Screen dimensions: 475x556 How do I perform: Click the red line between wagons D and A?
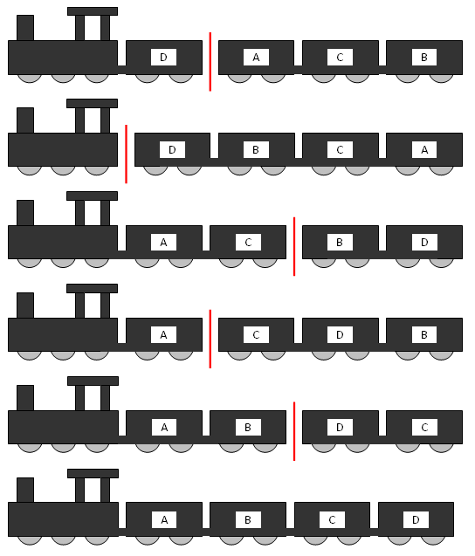click(210, 62)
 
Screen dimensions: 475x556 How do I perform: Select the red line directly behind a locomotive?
click(127, 154)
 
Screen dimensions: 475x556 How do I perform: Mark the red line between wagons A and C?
click(210, 339)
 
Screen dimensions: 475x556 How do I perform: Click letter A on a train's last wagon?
click(424, 150)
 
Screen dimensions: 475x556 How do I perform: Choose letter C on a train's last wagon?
click(424, 428)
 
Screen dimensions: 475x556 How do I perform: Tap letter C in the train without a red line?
click(332, 520)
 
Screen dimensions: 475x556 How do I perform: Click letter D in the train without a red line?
click(416, 520)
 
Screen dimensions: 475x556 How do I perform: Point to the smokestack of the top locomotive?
click(25, 28)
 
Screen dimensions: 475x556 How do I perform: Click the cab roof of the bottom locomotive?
click(93, 473)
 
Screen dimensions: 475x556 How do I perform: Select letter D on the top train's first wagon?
click(163, 58)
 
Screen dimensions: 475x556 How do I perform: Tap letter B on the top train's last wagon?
click(424, 58)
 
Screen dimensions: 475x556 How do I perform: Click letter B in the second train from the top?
click(256, 150)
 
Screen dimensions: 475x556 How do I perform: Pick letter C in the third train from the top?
click(248, 243)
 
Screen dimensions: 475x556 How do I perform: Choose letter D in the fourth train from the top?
click(340, 335)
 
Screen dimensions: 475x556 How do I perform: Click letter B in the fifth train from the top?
click(248, 428)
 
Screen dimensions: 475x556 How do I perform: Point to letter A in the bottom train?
click(164, 520)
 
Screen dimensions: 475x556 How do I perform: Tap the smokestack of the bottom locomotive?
click(25, 490)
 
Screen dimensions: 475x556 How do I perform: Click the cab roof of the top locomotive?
click(93, 11)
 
